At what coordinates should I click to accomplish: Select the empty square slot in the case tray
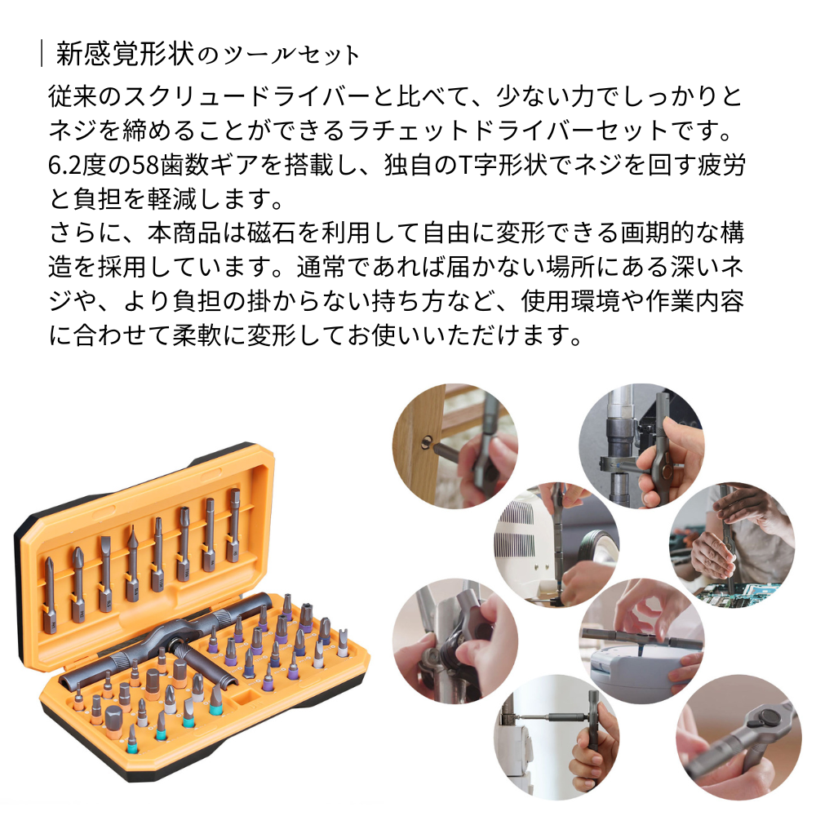(242, 696)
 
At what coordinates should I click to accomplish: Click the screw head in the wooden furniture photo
(426, 441)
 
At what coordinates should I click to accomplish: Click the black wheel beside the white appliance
(597, 548)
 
